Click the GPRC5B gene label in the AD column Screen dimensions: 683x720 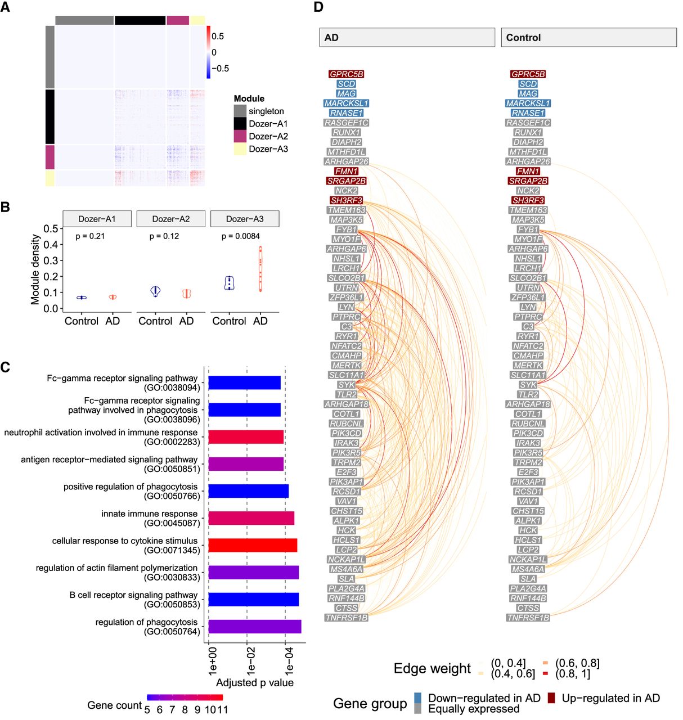(346, 74)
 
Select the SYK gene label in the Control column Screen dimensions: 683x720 (528, 385)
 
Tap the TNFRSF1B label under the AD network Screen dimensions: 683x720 (346, 618)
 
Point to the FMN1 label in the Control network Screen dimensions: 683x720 (528, 171)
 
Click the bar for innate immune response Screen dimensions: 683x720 (251, 518)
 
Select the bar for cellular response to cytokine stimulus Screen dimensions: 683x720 (253, 545)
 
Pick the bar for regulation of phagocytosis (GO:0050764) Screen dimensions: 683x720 (255, 627)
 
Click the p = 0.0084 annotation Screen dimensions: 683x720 (241, 236)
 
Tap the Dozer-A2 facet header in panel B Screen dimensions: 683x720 (171, 219)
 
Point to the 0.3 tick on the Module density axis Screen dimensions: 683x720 (51, 260)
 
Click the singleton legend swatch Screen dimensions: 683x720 (240, 111)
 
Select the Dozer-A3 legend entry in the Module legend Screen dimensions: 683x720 (260, 149)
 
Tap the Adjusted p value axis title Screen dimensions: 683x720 (255, 682)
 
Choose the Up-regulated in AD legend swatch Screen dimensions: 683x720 (551, 698)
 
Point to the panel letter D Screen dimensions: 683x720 (318, 7)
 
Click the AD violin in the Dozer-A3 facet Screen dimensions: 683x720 (260, 269)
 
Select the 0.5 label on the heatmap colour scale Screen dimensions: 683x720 (218, 36)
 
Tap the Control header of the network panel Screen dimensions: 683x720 (588, 37)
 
